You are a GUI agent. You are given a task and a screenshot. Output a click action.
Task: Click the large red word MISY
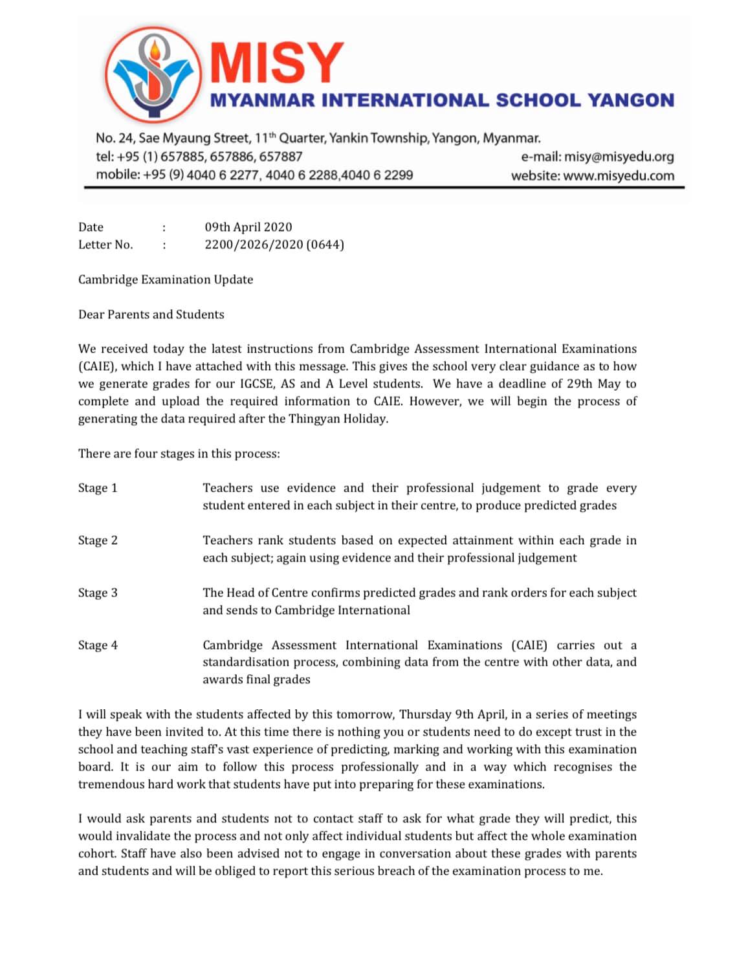[x=277, y=63]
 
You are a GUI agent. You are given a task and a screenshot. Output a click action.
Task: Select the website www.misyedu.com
[x=619, y=175]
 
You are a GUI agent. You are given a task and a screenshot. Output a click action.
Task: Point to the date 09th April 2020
[x=248, y=227]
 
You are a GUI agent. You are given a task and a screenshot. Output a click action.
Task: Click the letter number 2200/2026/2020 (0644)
[x=274, y=245]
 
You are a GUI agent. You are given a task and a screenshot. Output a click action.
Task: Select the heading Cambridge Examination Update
[x=166, y=280]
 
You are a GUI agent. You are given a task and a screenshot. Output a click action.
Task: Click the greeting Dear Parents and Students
[x=151, y=314]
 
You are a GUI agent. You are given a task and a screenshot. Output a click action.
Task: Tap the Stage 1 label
[x=98, y=488]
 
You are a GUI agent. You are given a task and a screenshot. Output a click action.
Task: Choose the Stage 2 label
[x=98, y=540]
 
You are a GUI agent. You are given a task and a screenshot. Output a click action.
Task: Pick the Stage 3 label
[x=98, y=593]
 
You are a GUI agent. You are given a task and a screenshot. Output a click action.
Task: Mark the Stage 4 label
[x=98, y=645]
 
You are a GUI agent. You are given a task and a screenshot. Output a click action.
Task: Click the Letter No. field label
[x=105, y=245]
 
